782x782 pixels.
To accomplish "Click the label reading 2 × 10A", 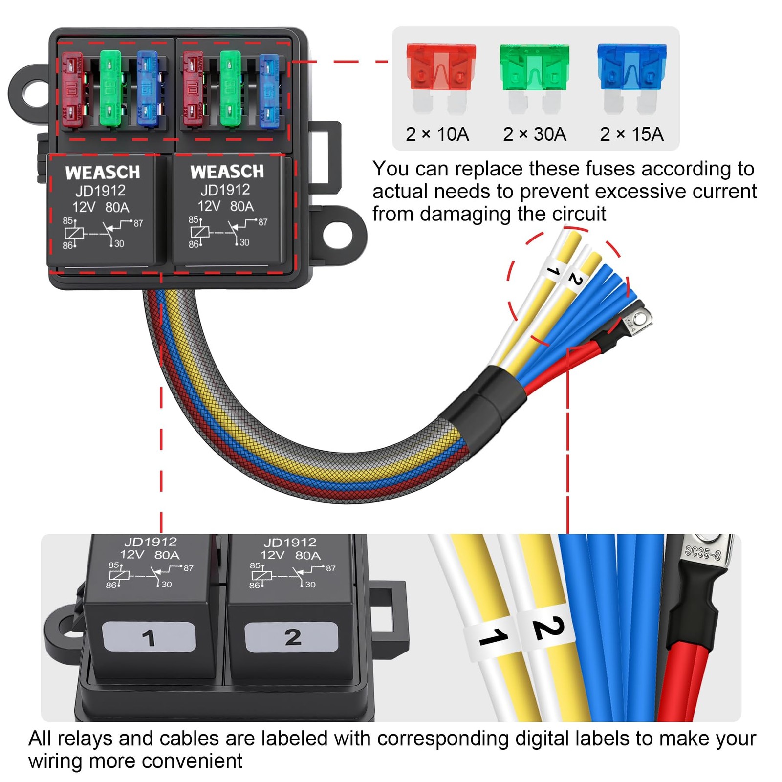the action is click(x=437, y=134).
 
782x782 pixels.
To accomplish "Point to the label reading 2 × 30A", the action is click(x=534, y=134).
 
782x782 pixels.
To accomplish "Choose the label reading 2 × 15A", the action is click(x=631, y=134).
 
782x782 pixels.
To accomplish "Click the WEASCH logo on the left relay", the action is click(x=103, y=172).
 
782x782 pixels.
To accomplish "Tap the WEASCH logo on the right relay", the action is click(x=227, y=171).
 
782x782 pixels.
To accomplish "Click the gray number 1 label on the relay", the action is click(x=149, y=637).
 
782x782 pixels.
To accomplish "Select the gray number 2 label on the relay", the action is click(x=292, y=637).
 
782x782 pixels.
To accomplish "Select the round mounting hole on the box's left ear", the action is click(x=35, y=93).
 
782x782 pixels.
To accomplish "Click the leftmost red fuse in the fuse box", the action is click(x=72, y=89).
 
